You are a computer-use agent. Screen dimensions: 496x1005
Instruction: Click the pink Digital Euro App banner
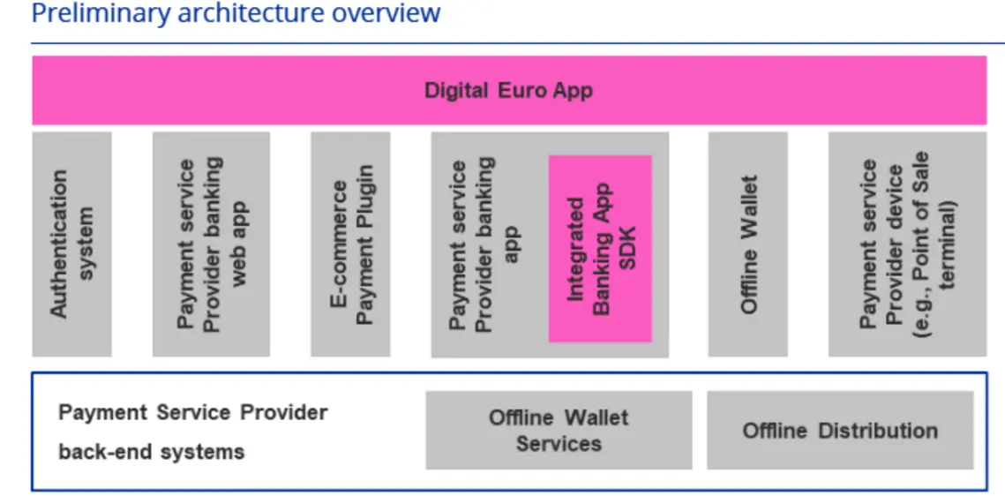coord(509,90)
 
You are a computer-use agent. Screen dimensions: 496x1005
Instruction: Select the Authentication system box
coord(71,244)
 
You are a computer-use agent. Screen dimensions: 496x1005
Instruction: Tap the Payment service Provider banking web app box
coord(211,244)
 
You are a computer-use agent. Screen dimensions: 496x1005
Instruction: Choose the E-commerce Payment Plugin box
coord(351,244)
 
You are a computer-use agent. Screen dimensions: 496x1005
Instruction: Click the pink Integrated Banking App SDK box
coord(600,248)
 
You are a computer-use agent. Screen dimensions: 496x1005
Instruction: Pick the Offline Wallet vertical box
coord(748,244)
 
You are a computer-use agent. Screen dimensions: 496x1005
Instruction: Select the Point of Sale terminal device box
coord(907,244)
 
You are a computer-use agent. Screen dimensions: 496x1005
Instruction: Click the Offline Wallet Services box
coord(559,430)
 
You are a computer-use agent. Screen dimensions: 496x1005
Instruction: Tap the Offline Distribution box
coord(840,430)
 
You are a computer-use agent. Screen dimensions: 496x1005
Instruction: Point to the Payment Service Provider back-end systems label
coord(192,432)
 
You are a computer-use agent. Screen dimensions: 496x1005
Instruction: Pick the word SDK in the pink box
coord(627,248)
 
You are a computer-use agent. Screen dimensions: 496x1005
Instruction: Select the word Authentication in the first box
coord(59,244)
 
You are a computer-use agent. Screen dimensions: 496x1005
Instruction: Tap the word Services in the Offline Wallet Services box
coord(559,443)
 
